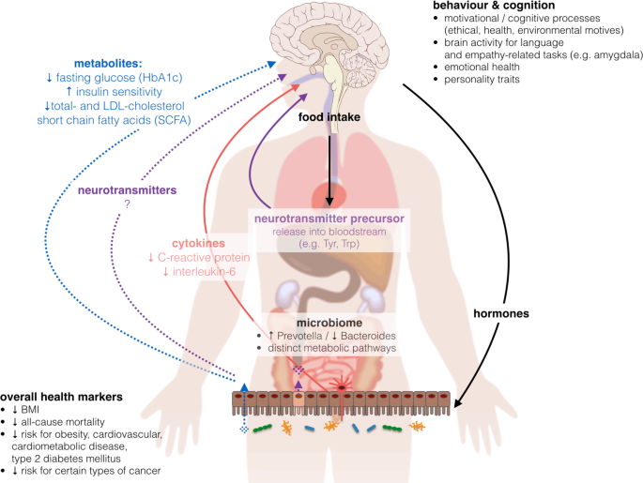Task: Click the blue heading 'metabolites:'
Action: coord(108,64)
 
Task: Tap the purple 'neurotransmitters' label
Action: coord(127,190)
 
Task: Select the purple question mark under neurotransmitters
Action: coord(127,204)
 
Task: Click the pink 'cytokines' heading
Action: coord(198,243)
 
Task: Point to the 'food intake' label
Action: coord(329,117)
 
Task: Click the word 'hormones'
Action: coord(501,314)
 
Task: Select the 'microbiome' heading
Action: coord(329,323)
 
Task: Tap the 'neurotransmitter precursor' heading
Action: coord(329,219)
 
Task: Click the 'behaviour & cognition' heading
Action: coord(494,6)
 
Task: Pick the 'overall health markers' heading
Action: coord(62,397)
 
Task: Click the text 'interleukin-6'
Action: coord(204,272)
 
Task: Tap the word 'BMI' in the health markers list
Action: coord(30,410)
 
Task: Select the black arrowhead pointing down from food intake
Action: coord(329,201)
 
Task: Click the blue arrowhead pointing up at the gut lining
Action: coord(244,387)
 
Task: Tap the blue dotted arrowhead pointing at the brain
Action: coord(271,64)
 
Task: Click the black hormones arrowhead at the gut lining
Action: coord(458,403)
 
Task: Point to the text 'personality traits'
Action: coord(482,80)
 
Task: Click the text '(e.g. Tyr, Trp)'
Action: coord(329,244)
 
